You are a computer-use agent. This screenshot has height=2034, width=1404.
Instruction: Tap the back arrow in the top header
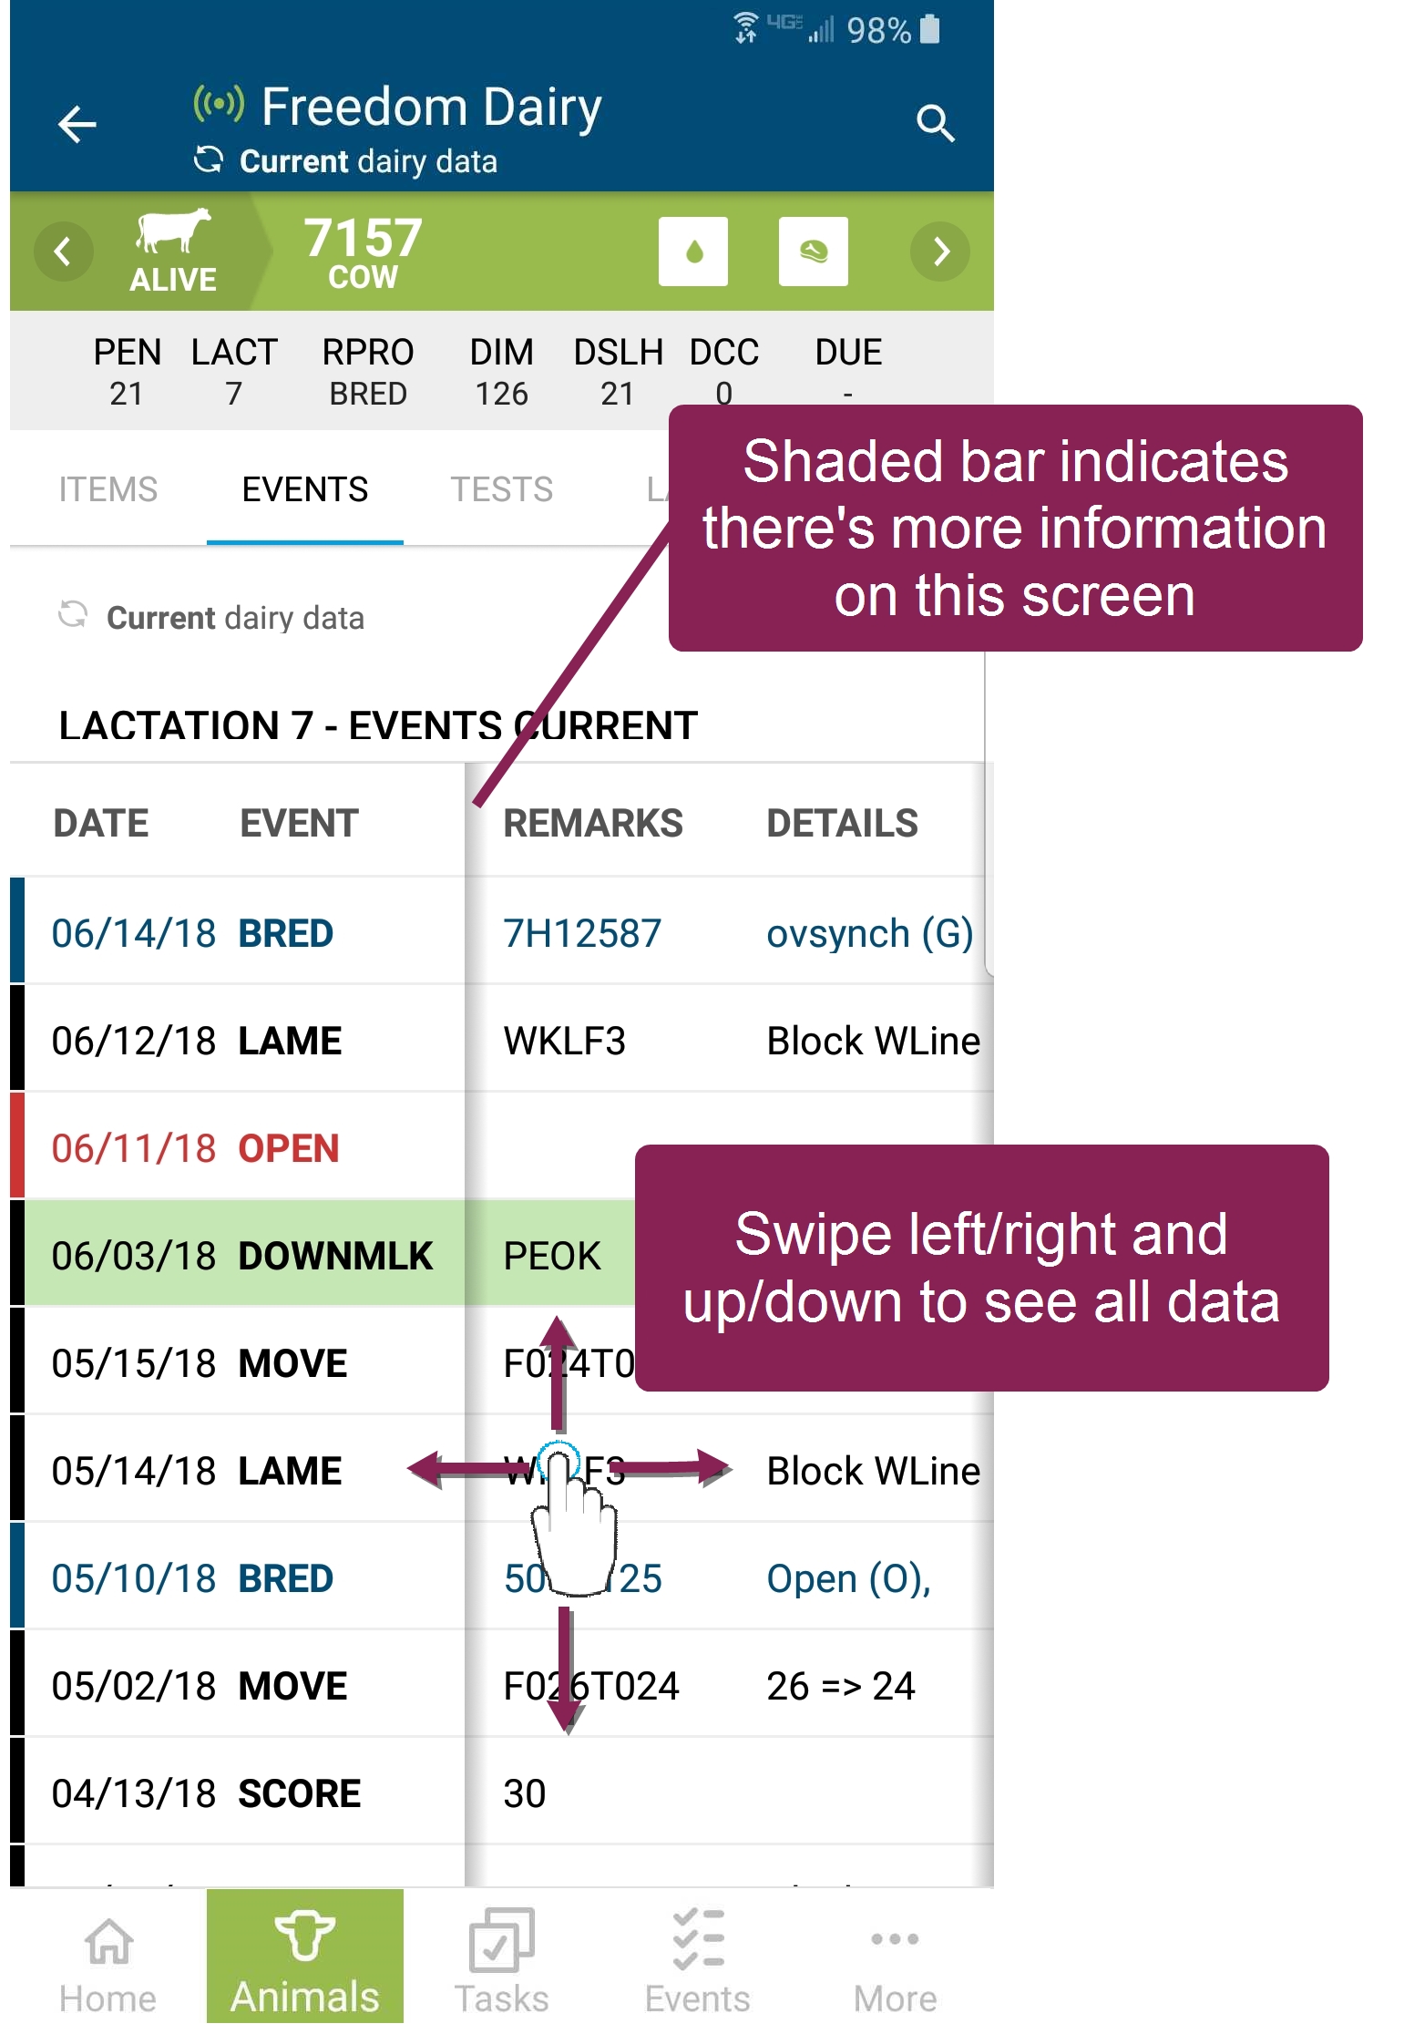tap(77, 124)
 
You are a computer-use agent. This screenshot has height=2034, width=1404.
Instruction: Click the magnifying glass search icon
tap(935, 123)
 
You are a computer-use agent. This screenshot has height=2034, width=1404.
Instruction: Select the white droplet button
tap(693, 252)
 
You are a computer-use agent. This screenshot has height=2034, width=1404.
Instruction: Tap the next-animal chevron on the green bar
tap(940, 252)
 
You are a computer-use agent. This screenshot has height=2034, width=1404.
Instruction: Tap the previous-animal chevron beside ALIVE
tap(63, 252)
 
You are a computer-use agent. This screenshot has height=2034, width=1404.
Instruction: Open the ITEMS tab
tap(108, 490)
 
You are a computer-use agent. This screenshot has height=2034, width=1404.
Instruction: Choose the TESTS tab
tap(501, 490)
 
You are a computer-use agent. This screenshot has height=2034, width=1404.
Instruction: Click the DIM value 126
tap(501, 394)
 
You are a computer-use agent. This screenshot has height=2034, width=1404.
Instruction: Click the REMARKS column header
tap(592, 824)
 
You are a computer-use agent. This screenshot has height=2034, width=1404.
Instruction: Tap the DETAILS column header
tap(842, 824)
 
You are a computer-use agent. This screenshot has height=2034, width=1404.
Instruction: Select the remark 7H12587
tap(582, 934)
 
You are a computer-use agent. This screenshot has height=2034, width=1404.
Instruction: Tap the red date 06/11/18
tap(133, 1149)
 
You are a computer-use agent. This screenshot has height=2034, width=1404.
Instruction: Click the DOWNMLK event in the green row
tap(334, 1257)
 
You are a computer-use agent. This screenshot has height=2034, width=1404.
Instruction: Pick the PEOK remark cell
tap(552, 1257)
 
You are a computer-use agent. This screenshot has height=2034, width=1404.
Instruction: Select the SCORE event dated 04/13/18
tap(299, 1794)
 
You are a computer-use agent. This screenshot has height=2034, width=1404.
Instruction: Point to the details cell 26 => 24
tap(840, 1687)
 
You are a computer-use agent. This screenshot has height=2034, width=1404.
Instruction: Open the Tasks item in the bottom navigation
tap(501, 1959)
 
